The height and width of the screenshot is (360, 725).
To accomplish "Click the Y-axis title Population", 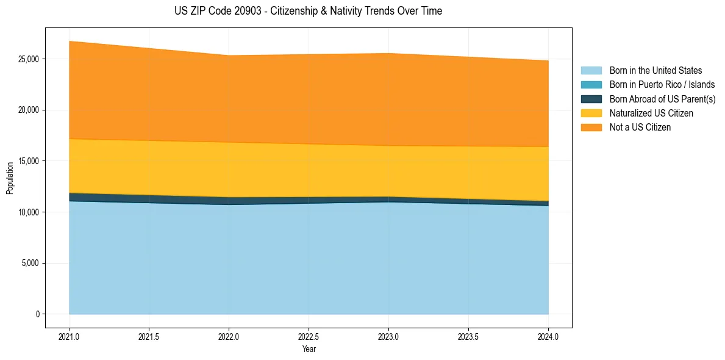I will [x=10, y=178].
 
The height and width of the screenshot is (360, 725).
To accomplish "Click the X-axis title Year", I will [x=309, y=349].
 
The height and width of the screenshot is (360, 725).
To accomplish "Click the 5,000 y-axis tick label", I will [x=30, y=263].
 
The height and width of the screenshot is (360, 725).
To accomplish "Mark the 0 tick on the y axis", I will [x=38, y=314].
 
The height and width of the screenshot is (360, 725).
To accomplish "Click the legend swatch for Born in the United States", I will [x=591, y=71].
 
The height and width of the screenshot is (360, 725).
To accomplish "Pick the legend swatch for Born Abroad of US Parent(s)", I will [x=591, y=99].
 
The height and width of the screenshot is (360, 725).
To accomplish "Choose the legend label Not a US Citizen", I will [x=640, y=128].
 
